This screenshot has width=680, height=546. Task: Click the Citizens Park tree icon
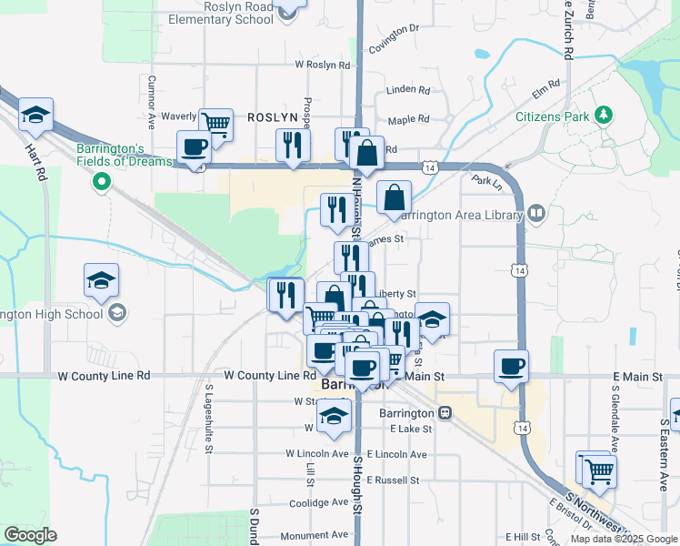point(602,116)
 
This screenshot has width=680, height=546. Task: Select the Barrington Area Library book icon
point(536,214)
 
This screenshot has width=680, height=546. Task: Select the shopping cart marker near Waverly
point(215,123)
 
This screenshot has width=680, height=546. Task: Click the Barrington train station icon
point(445,412)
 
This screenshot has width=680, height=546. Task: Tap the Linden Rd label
point(408,90)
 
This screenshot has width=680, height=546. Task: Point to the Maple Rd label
point(408,120)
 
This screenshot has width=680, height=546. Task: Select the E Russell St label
point(394,480)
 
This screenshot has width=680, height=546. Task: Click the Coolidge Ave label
point(318,502)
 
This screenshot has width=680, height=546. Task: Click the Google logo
point(30,535)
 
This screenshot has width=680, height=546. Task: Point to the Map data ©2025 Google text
point(622,539)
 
